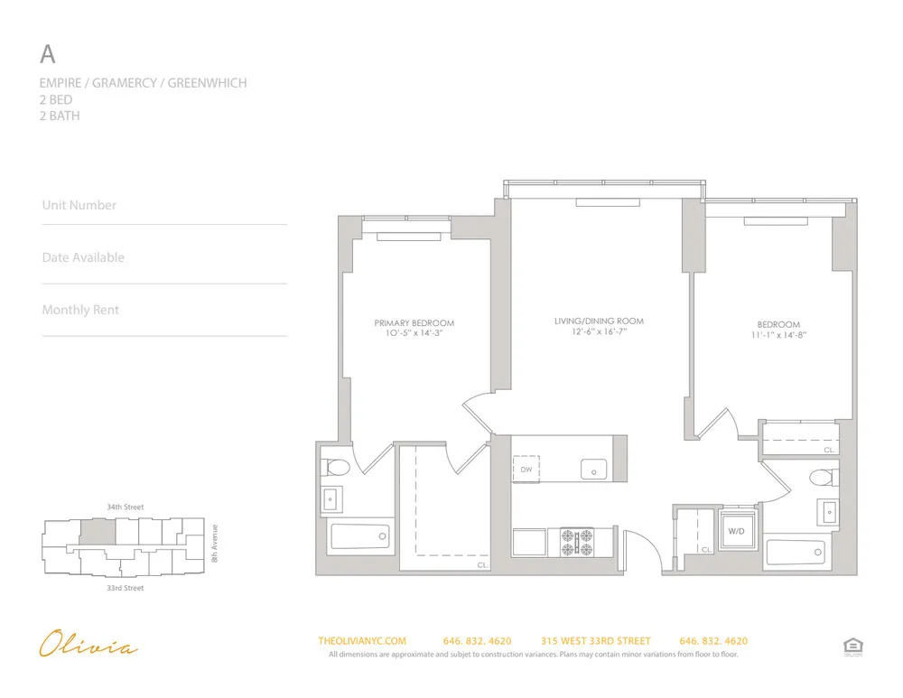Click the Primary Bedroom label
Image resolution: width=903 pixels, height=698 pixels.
414,323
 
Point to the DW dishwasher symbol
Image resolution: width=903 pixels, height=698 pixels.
526,470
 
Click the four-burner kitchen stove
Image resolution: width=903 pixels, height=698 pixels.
577,542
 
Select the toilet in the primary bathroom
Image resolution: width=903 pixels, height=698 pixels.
336,468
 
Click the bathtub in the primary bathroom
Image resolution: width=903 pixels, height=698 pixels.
359,536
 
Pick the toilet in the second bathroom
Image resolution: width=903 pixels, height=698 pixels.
823,477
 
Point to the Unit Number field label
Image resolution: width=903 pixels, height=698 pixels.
79,205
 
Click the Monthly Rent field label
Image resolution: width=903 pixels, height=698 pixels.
80,310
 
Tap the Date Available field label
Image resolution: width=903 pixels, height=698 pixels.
83,257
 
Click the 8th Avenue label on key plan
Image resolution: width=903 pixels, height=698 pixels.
215,544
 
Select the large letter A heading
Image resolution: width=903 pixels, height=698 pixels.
48,54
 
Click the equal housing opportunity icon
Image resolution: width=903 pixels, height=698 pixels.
850,645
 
